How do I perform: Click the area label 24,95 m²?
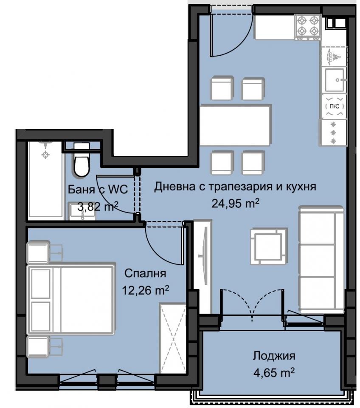click(x=236, y=203)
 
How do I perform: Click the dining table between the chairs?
click(x=235, y=125)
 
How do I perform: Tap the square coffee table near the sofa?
click(x=267, y=246)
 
